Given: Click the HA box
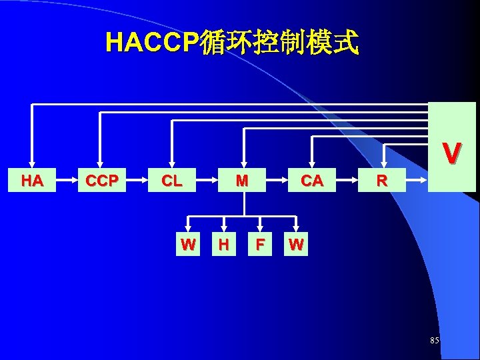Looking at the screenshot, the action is [x=32, y=181].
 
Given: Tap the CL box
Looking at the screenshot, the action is [x=172, y=181].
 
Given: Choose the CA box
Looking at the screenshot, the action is [x=312, y=181].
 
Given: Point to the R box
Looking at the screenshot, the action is [x=382, y=181].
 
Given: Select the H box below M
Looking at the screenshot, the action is [x=224, y=245].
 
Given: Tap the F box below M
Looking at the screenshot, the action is [x=260, y=245].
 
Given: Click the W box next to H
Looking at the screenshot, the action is [x=188, y=245].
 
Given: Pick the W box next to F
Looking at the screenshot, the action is [x=296, y=245].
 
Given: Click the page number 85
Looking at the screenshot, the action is [x=435, y=341].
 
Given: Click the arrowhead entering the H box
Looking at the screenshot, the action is [x=224, y=229].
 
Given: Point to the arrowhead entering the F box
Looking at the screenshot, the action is [x=260, y=229].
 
